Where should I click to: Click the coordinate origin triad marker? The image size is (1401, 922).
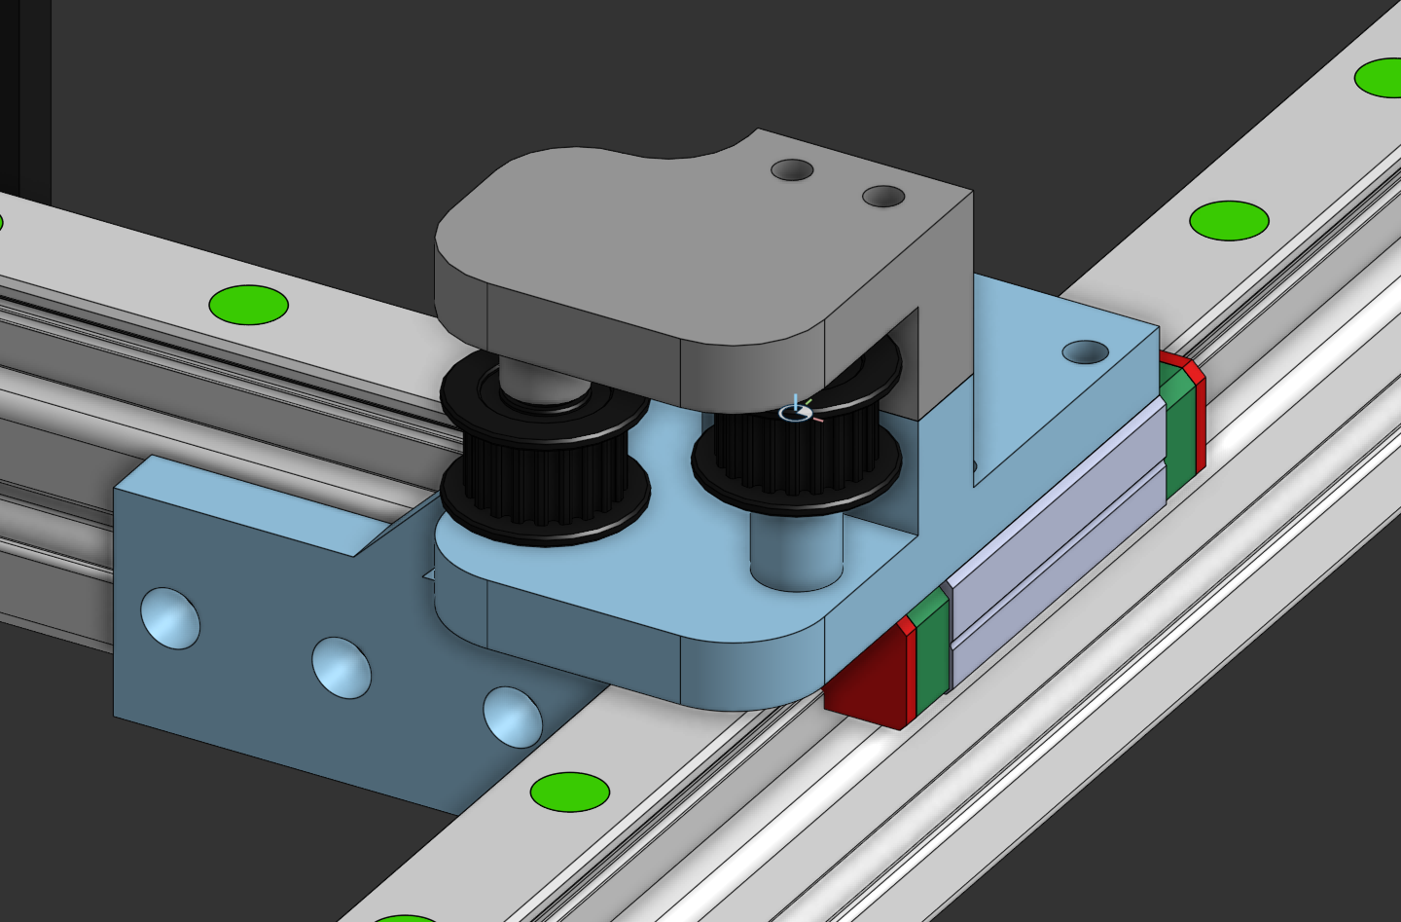click(796, 413)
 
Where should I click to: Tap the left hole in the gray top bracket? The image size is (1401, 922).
click(792, 170)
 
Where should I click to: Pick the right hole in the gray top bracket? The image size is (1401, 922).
click(883, 198)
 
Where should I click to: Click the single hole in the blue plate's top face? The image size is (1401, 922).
click(1085, 351)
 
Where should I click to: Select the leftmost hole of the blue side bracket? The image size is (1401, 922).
click(170, 618)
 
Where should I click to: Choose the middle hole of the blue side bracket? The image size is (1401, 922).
click(341, 668)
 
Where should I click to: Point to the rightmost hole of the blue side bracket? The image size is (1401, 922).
click(513, 718)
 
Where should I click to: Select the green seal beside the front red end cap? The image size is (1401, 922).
click(931, 647)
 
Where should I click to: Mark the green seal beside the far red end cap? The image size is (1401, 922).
click(1177, 428)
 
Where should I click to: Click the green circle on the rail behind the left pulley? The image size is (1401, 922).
click(249, 305)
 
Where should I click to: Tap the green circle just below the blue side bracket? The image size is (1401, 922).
click(570, 792)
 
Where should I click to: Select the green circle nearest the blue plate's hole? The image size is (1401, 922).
click(1229, 221)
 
